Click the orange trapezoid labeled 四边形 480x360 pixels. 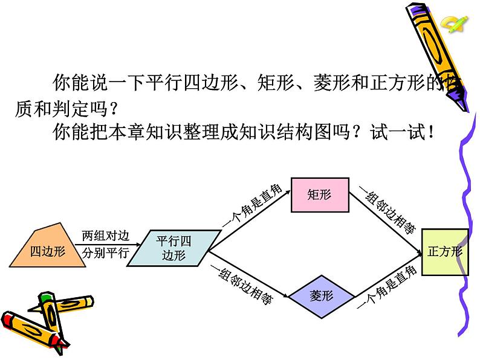click(x=47, y=246)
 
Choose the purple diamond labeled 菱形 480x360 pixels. click(x=322, y=296)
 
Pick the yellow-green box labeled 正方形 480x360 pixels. click(x=444, y=252)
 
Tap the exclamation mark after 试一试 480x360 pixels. click(x=430, y=132)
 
